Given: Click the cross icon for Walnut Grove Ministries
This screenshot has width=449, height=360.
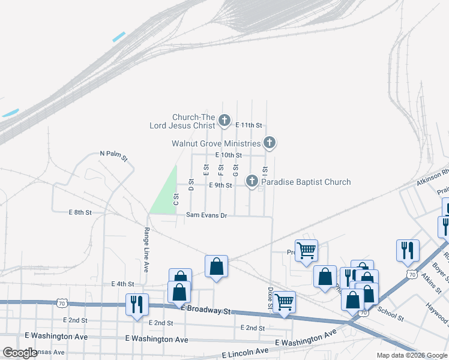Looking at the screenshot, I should [270, 143].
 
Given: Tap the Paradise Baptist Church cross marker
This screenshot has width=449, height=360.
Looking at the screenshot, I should [252, 181].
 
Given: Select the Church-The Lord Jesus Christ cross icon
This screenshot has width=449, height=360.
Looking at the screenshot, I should [224, 121].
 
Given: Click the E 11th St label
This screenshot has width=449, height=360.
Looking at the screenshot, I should [249, 125].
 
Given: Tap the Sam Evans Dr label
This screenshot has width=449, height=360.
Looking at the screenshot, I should [206, 215].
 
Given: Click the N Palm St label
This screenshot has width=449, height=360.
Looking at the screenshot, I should [113, 156].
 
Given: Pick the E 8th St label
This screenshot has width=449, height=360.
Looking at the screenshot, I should [80, 212].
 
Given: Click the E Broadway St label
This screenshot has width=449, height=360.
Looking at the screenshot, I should [206, 311].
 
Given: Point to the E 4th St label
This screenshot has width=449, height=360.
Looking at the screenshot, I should [122, 284].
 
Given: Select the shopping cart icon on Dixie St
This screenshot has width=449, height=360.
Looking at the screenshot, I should [284, 301].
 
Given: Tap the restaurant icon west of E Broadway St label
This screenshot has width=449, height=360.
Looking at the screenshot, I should [137, 304].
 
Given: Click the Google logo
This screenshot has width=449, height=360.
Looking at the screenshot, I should [20, 353].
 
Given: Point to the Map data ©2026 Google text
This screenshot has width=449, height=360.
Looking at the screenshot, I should [411, 355].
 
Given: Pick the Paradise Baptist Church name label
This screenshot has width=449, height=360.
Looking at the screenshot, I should [306, 182].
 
